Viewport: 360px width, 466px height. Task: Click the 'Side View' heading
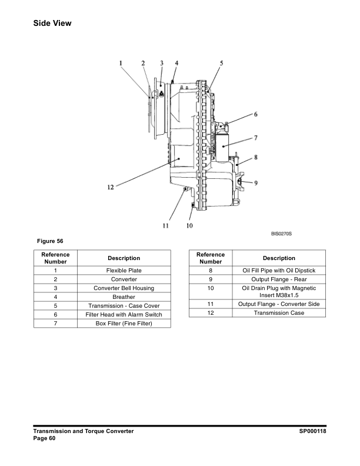[52, 24]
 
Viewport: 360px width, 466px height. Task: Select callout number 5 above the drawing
[222, 63]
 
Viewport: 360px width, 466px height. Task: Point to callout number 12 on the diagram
[110, 188]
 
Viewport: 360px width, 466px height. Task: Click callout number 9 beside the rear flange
[256, 182]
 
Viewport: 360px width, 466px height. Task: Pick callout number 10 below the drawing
[189, 225]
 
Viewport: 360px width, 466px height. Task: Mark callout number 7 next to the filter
[256, 138]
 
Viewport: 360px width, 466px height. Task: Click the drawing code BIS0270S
[281, 234]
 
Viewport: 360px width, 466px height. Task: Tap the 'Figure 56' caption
[50, 241]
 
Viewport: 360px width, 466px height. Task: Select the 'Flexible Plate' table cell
[124, 270]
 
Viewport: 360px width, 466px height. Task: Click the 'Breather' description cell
[124, 297]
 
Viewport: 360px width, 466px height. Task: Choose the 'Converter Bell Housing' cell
[124, 288]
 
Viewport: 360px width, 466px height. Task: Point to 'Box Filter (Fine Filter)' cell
[124, 324]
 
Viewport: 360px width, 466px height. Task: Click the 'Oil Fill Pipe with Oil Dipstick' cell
[279, 270]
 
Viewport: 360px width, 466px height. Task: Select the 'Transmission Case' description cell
[279, 313]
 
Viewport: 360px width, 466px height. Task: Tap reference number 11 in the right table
[211, 304]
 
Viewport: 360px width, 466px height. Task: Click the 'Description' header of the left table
[124, 258]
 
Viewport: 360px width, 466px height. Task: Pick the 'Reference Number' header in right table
[211, 258]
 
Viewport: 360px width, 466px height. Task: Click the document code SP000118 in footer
[312, 431]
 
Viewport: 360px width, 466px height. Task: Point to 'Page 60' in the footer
[44, 438]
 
